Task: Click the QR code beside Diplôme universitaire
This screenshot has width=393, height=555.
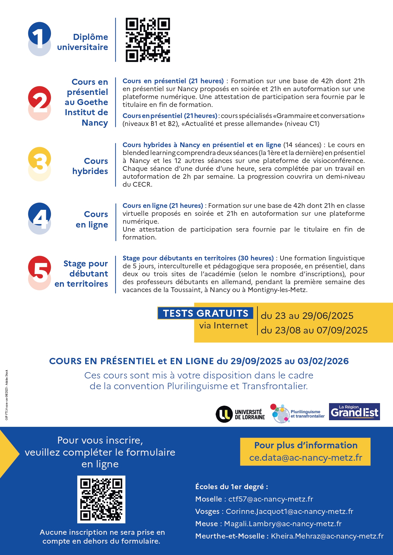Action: click(148, 40)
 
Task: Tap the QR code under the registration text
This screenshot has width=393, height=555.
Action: click(101, 499)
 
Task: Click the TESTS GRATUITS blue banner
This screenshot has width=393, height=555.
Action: click(206, 313)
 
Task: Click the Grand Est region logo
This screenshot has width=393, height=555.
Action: click(354, 412)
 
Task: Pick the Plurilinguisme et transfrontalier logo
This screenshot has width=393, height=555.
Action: click(297, 413)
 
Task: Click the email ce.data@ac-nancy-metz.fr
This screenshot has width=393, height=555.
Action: click(306, 458)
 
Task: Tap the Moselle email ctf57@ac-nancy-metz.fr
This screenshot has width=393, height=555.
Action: click(271, 499)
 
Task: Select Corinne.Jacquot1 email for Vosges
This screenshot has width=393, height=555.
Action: click(289, 511)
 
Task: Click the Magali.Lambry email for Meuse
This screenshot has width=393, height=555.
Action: click(283, 524)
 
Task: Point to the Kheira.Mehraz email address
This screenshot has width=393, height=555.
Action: click(327, 536)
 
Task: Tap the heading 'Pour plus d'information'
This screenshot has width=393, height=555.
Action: click(306, 445)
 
